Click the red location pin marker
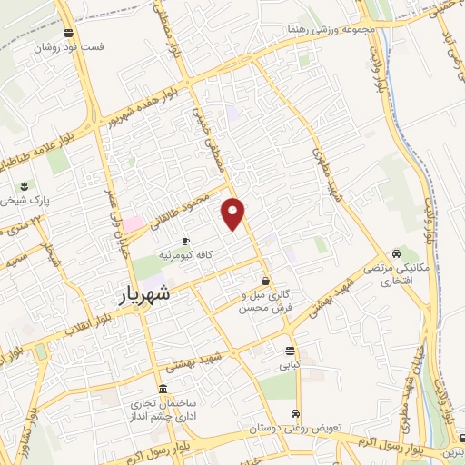[x=234, y=213]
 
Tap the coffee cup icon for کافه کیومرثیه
[x=186, y=241]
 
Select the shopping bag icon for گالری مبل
[x=265, y=280]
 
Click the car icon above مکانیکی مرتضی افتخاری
[x=396, y=252]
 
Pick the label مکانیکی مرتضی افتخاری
[x=393, y=274]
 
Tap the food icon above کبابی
[x=289, y=351]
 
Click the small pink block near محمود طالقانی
[x=134, y=223]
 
